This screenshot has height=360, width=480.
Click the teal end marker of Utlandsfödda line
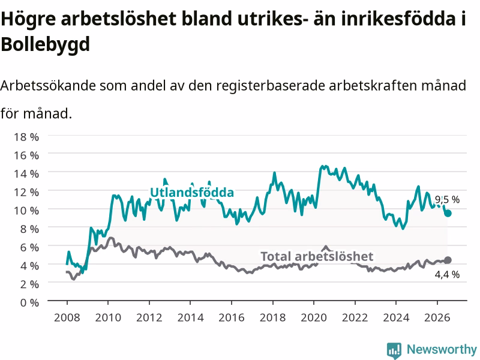coord(448,214)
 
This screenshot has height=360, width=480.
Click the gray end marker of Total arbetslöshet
coord(448,260)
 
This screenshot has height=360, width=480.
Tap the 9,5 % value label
coord(447,200)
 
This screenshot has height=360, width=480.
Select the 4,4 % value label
coord(447,274)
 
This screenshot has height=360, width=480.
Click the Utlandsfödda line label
coord(192,192)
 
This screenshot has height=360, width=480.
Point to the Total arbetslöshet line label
coord(317,256)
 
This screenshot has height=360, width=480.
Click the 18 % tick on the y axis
coord(26,137)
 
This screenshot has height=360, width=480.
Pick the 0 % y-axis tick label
coord(29,302)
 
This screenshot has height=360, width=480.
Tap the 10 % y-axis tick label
coord(26,211)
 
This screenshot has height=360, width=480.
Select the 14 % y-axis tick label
coord(26,174)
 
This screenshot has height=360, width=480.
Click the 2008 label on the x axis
coord(67,317)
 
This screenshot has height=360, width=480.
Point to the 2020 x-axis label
coord(314,317)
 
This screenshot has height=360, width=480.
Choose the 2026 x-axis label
coord(437,317)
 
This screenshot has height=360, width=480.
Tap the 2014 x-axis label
coord(190,317)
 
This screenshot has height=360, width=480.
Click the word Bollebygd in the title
coord(46,44)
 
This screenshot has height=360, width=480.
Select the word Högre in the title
coord(28,19)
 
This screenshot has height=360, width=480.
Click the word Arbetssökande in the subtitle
coord(48,86)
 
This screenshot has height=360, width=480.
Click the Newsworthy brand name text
coord(442,349)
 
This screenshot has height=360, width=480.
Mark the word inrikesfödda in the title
coord(398,19)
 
